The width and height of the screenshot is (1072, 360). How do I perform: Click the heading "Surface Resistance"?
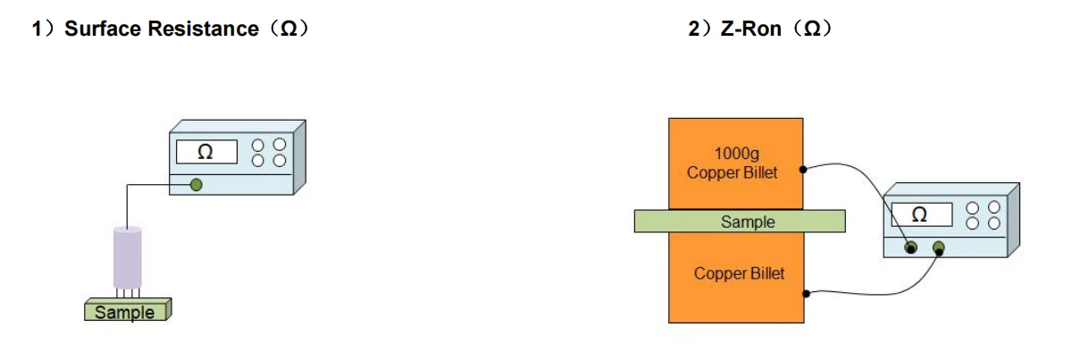coord(162,29)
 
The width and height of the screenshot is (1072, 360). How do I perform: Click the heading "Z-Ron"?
coord(751,29)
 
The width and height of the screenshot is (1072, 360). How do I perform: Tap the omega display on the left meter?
coord(206,152)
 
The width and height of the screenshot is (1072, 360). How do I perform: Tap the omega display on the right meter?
coord(921,214)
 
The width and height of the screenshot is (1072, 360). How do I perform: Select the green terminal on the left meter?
coord(196,185)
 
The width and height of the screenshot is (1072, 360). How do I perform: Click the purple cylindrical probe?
coord(127,258)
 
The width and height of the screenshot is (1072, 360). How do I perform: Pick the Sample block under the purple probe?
coord(128,310)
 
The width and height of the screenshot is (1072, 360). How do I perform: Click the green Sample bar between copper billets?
coord(740,222)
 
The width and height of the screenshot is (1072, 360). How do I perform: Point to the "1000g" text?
coord(736,153)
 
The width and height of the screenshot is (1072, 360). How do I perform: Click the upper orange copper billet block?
coord(735,163)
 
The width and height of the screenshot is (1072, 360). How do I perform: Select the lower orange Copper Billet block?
coord(736,278)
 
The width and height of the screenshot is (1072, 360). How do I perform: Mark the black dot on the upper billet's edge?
coord(803,170)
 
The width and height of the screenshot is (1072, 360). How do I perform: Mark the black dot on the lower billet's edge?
coord(807,294)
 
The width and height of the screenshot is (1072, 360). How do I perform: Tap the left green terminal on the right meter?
coord(910,248)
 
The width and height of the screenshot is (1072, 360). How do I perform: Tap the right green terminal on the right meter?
coord(939,248)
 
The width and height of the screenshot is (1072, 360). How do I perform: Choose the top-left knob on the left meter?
coord(258,145)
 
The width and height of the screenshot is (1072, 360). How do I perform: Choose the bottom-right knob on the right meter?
coord(994,223)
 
